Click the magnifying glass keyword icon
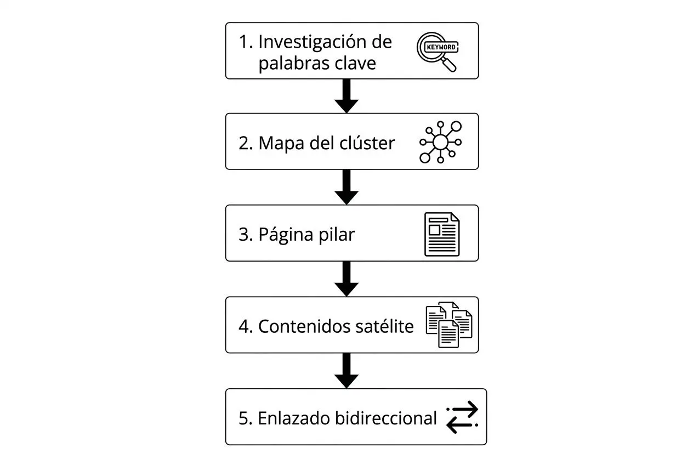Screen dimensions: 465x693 pyautogui.click(x=437, y=52)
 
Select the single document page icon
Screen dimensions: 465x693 pyautogui.click(x=442, y=234)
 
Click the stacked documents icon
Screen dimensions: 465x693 pyautogui.click(x=448, y=326)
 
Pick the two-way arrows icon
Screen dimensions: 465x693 pyautogui.click(x=462, y=418)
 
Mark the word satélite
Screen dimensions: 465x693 pyautogui.click(x=383, y=326)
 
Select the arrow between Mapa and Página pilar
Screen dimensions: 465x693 pyautogui.click(x=346, y=188)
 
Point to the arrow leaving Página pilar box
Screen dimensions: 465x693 pyautogui.click(x=346, y=279)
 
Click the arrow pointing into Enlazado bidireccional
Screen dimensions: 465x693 pyautogui.click(x=346, y=371)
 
